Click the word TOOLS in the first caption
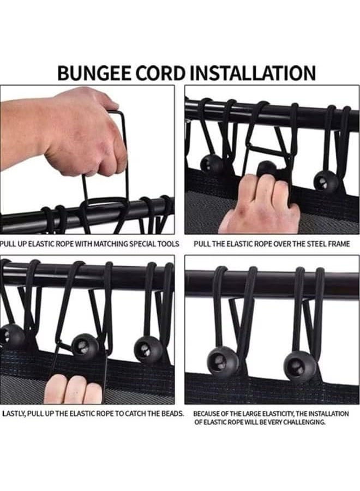tap(170, 244)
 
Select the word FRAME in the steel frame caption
tap(339, 244)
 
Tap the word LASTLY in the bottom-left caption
tap(14, 414)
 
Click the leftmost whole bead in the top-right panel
tap(211, 164)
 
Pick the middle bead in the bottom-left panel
tap(86, 346)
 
